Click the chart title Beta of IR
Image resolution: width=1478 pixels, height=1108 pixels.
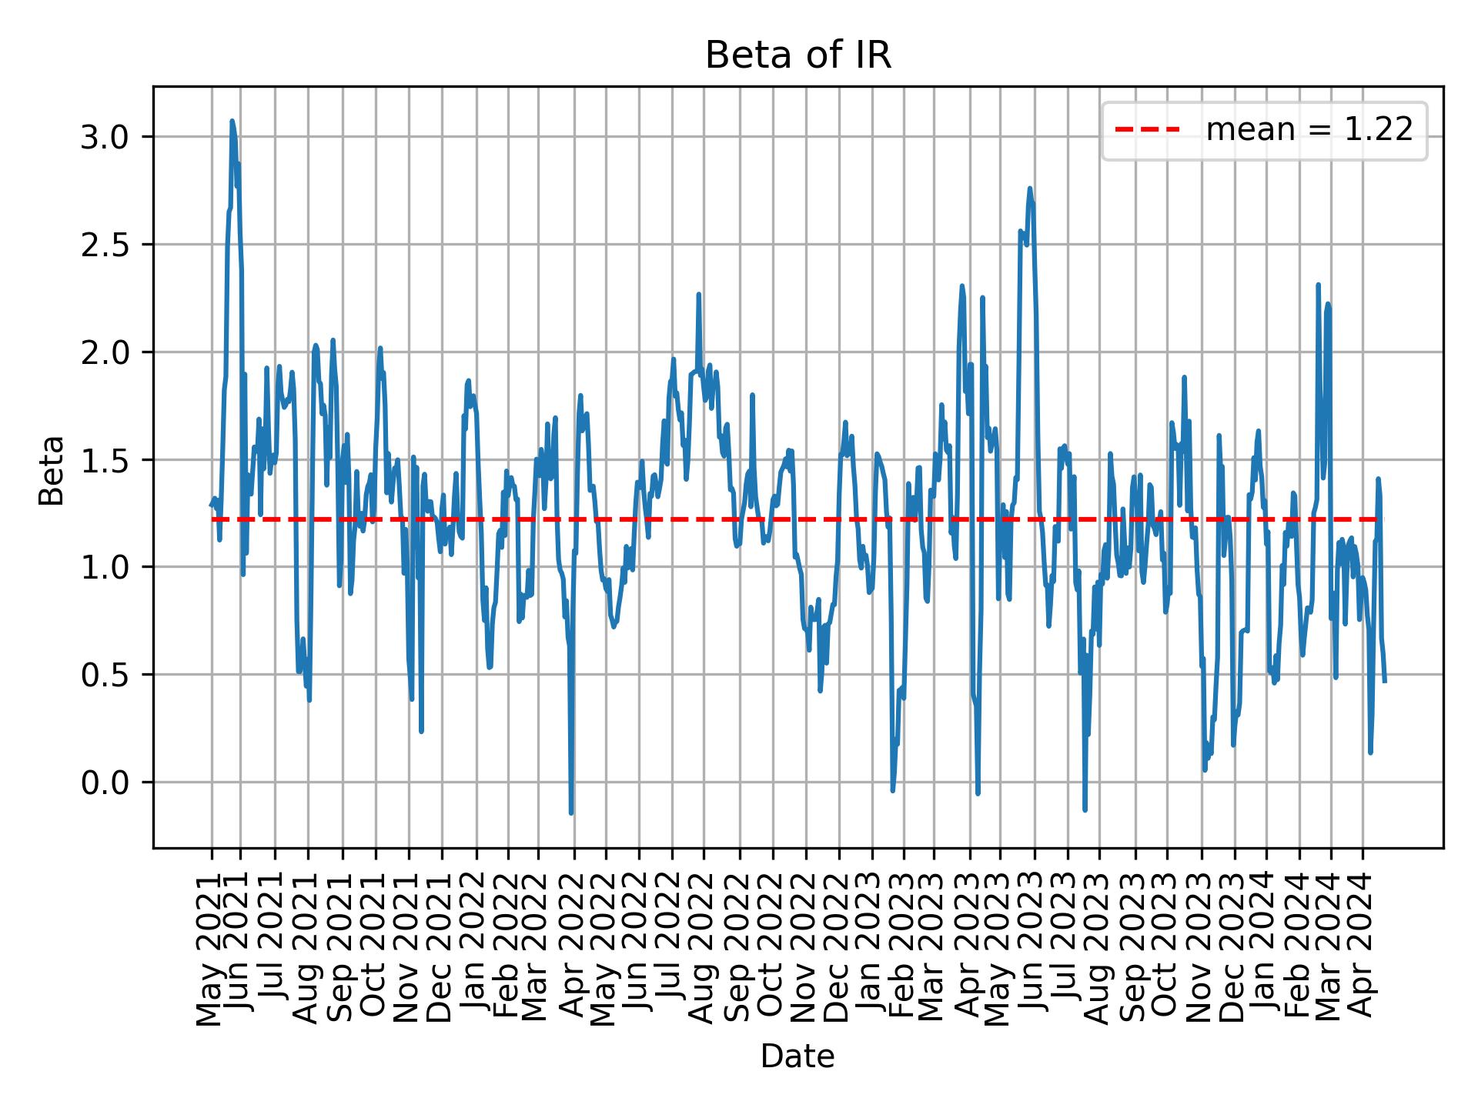pos(798,56)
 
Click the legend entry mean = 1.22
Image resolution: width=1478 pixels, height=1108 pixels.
pos(1309,130)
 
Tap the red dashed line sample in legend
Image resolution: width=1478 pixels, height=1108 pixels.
pos(1147,130)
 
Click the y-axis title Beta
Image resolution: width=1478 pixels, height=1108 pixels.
pos(52,470)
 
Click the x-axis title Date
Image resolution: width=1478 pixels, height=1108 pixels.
pos(798,1057)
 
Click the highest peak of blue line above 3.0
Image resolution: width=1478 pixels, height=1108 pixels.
pos(232,121)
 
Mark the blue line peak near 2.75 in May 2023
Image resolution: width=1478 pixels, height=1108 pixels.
pos(1029,188)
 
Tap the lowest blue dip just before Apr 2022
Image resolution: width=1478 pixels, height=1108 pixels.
pos(571,813)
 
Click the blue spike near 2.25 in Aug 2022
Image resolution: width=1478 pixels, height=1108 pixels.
pos(698,294)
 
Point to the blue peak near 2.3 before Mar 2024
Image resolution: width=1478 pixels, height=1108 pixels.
pos(1318,285)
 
